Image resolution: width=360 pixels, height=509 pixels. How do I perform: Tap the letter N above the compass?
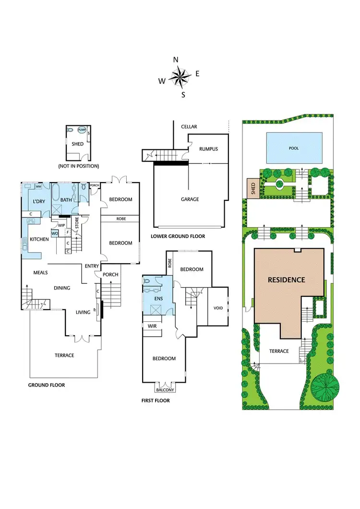tap(176, 60)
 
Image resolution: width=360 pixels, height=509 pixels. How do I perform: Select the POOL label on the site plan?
tap(294, 148)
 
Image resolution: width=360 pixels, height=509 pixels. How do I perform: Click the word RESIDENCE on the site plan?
tap(286, 279)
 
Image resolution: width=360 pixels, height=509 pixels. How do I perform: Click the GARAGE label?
tap(190, 199)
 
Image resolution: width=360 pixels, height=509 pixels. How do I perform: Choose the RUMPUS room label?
tap(209, 149)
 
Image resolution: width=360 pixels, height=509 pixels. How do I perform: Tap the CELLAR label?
tap(189, 127)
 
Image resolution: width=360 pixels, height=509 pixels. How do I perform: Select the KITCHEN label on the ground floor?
tap(39, 239)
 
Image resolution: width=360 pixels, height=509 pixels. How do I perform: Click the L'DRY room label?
tap(39, 201)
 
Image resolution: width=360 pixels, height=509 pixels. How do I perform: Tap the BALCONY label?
tap(164, 390)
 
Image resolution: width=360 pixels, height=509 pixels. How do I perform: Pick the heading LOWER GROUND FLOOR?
tap(178, 236)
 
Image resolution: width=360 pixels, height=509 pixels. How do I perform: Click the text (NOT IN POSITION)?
tap(78, 166)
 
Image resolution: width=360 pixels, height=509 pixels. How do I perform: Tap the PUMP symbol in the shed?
tap(82, 130)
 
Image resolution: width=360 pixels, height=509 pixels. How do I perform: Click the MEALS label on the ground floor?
tap(40, 273)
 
